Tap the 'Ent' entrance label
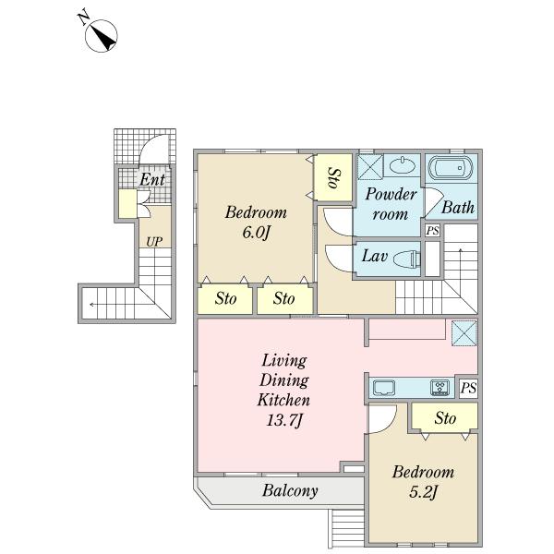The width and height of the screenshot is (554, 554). (152, 179)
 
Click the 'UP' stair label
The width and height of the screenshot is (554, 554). (154, 242)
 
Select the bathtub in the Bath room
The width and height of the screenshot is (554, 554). (451, 167)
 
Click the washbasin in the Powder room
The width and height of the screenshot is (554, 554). (402, 165)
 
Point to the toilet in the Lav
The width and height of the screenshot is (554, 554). (407, 259)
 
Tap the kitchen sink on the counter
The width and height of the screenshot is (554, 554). (384, 388)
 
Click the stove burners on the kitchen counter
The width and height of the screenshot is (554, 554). (440, 388)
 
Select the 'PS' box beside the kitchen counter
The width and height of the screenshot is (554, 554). (468, 388)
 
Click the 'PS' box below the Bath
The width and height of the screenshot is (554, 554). (432, 231)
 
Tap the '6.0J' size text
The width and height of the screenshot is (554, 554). (256, 234)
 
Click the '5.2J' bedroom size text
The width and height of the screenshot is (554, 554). (423, 492)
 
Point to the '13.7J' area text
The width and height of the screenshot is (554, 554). (284, 421)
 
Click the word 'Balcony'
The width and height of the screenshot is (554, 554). (290, 490)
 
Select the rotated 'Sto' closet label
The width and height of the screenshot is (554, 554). (334, 177)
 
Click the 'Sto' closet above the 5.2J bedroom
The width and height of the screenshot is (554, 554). (445, 418)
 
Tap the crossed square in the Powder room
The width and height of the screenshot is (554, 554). (370, 167)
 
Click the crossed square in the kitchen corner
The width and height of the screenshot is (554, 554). (464, 332)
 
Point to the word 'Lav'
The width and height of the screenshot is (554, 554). (375, 256)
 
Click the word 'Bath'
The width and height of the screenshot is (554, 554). (458, 208)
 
